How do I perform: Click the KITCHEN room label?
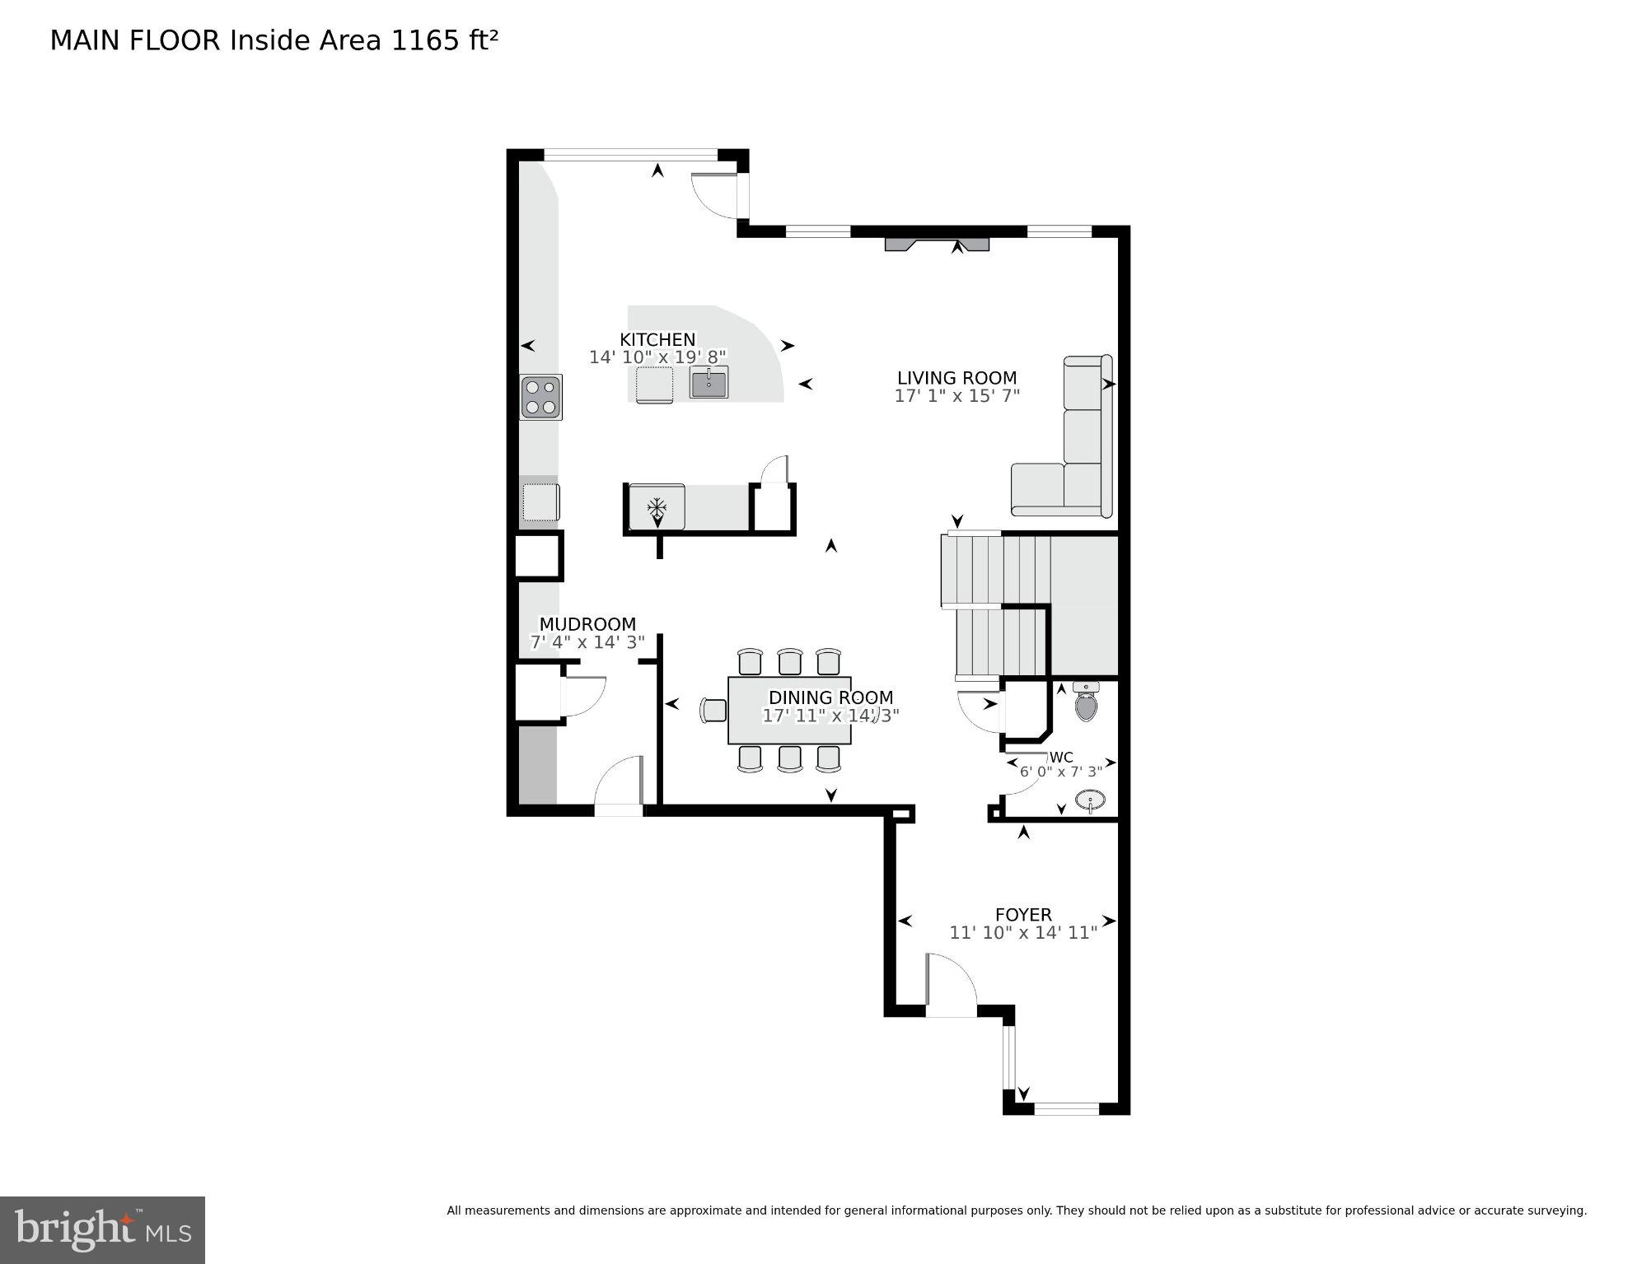click(657, 339)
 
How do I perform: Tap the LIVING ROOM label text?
click(956, 378)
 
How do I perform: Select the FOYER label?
click(1023, 915)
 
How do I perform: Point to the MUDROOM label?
click(587, 624)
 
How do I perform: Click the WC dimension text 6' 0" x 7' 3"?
click(1061, 772)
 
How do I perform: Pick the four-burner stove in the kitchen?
click(541, 398)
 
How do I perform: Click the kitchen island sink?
click(709, 384)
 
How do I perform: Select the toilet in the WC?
click(1087, 703)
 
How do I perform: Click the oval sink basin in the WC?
click(1091, 800)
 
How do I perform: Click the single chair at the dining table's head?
click(714, 710)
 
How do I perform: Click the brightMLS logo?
click(102, 1229)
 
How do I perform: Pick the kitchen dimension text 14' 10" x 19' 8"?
click(657, 357)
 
